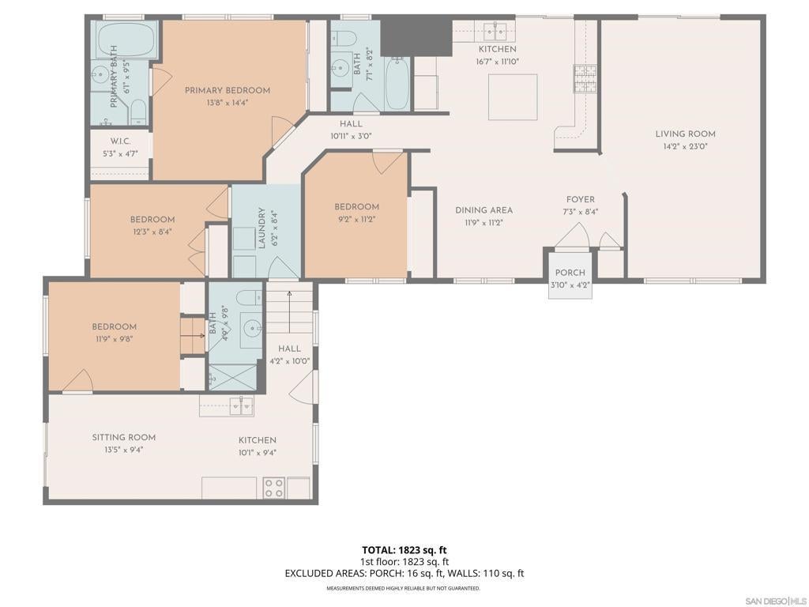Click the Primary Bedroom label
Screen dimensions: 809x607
pos(228,90)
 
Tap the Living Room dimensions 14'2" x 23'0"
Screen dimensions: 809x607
pos(685,146)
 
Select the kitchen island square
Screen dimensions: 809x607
pos(513,97)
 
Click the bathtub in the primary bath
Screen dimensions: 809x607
pos(126,40)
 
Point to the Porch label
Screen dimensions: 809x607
pos(570,273)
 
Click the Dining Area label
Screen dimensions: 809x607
pos(484,210)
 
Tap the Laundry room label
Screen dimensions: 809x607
pos(262,228)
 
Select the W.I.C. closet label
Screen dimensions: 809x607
pos(120,141)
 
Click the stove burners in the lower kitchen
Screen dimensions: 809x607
pos(274,488)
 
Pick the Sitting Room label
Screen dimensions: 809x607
pos(124,437)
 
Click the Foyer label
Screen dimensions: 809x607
pos(581,199)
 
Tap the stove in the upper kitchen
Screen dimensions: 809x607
pos(585,78)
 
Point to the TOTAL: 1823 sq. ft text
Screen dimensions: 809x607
pos(404,550)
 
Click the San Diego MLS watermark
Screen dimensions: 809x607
pos(777,601)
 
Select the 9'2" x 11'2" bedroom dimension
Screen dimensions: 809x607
pos(356,219)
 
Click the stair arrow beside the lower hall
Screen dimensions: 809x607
pos(289,311)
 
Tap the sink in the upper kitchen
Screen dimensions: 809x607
pos(495,31)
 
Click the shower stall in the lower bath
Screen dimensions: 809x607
pos(232,377)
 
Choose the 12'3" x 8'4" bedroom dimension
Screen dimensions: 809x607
pos(152,232)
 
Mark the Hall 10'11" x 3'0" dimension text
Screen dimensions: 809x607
pos(351,136)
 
